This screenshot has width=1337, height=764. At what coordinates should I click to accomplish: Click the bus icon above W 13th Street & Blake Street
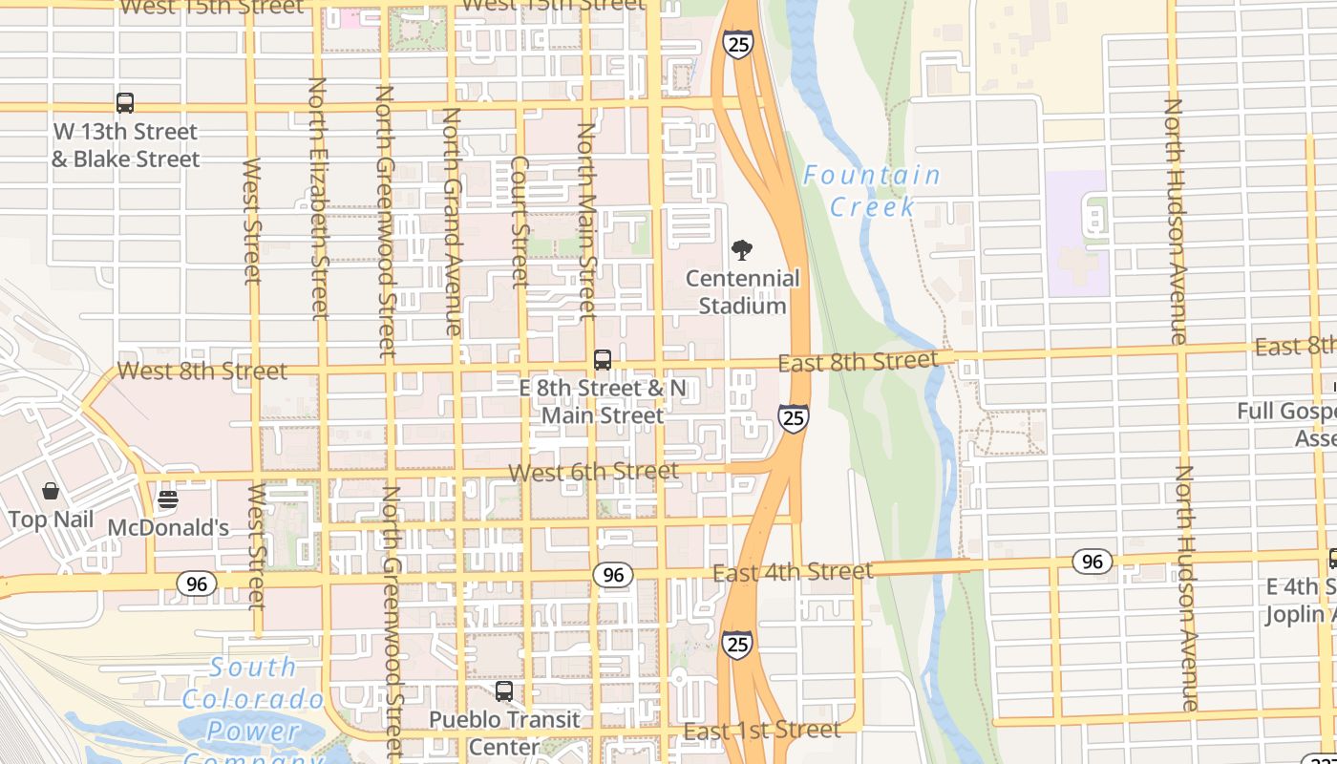tap(125, 103)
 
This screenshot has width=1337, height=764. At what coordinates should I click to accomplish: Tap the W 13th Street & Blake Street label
tap(125, 145)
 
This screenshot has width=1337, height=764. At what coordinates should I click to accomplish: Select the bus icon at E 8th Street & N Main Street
tap(603, 360)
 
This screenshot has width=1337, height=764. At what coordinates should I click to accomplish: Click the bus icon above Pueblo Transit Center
tap(503, 690)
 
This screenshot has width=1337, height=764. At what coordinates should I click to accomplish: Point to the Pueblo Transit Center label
tap(503, 732)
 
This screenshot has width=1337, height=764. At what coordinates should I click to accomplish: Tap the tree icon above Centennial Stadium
tap(741, 251)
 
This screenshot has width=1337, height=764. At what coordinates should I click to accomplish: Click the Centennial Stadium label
tap(743, 292)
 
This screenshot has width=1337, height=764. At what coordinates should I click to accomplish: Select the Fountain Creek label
tap(871, 190)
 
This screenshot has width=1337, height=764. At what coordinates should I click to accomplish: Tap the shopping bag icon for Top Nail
tap(50, 492)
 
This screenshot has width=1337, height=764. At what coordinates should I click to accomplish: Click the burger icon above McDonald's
tap(168, 499)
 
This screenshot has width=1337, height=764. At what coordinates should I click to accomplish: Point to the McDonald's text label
tap(168, 528)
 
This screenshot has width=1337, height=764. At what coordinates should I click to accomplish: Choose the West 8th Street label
tap(202, 371)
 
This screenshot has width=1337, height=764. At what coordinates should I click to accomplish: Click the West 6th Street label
tap(594, 472)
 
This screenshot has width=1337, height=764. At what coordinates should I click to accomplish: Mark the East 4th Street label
tap(793, 572)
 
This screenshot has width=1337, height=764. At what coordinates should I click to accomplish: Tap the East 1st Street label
tap(762, 731)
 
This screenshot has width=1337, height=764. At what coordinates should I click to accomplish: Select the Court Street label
tap(520, 223)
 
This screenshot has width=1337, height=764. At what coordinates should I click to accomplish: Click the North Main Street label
tap(586, 221)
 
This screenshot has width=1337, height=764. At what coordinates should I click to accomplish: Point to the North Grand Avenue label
tap(452, 221)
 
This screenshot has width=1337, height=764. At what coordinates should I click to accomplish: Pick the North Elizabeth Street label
tap(318, 199)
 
